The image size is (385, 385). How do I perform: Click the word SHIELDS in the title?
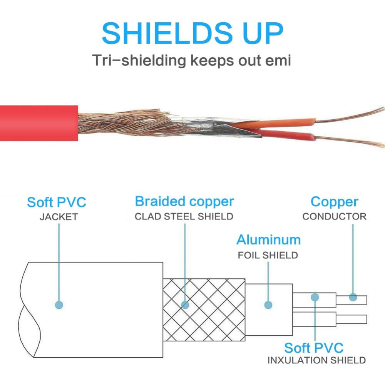point(167,33)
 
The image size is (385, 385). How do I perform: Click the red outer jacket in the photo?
point(39,123)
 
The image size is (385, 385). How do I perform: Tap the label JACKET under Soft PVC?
point(59,217)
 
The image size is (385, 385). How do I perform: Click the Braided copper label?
point(184,202)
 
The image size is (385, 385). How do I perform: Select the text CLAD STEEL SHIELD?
point(184,216)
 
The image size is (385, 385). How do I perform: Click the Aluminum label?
point(268,240)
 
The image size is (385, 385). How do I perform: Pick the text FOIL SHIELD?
point(268,255)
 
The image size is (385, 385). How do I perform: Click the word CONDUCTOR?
point(335,216)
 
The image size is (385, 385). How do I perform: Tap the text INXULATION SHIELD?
point(316,360)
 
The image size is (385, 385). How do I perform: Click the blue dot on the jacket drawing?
point(59,305)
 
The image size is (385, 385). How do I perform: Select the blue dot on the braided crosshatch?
point(185,305)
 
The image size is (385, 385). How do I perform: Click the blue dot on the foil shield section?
point(268,305)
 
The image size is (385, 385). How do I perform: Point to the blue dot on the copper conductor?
point(353,297)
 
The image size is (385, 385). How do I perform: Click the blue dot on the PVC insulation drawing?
point(315,297)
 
